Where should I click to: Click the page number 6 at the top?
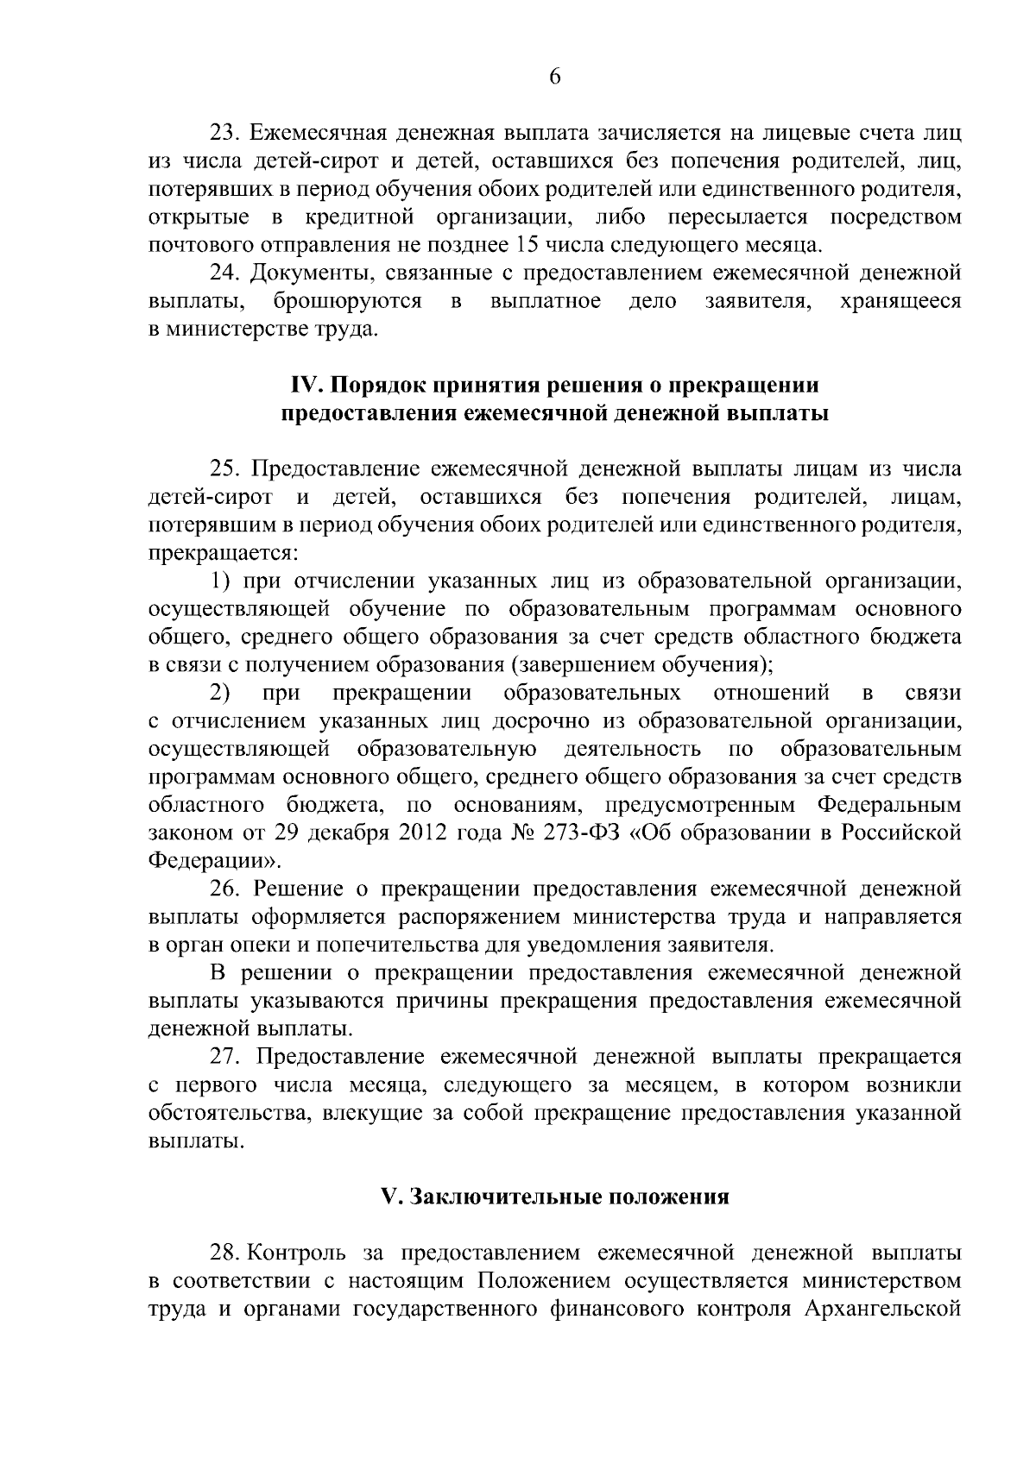(x=554, y=77)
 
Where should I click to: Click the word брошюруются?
(x=347, y=301)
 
